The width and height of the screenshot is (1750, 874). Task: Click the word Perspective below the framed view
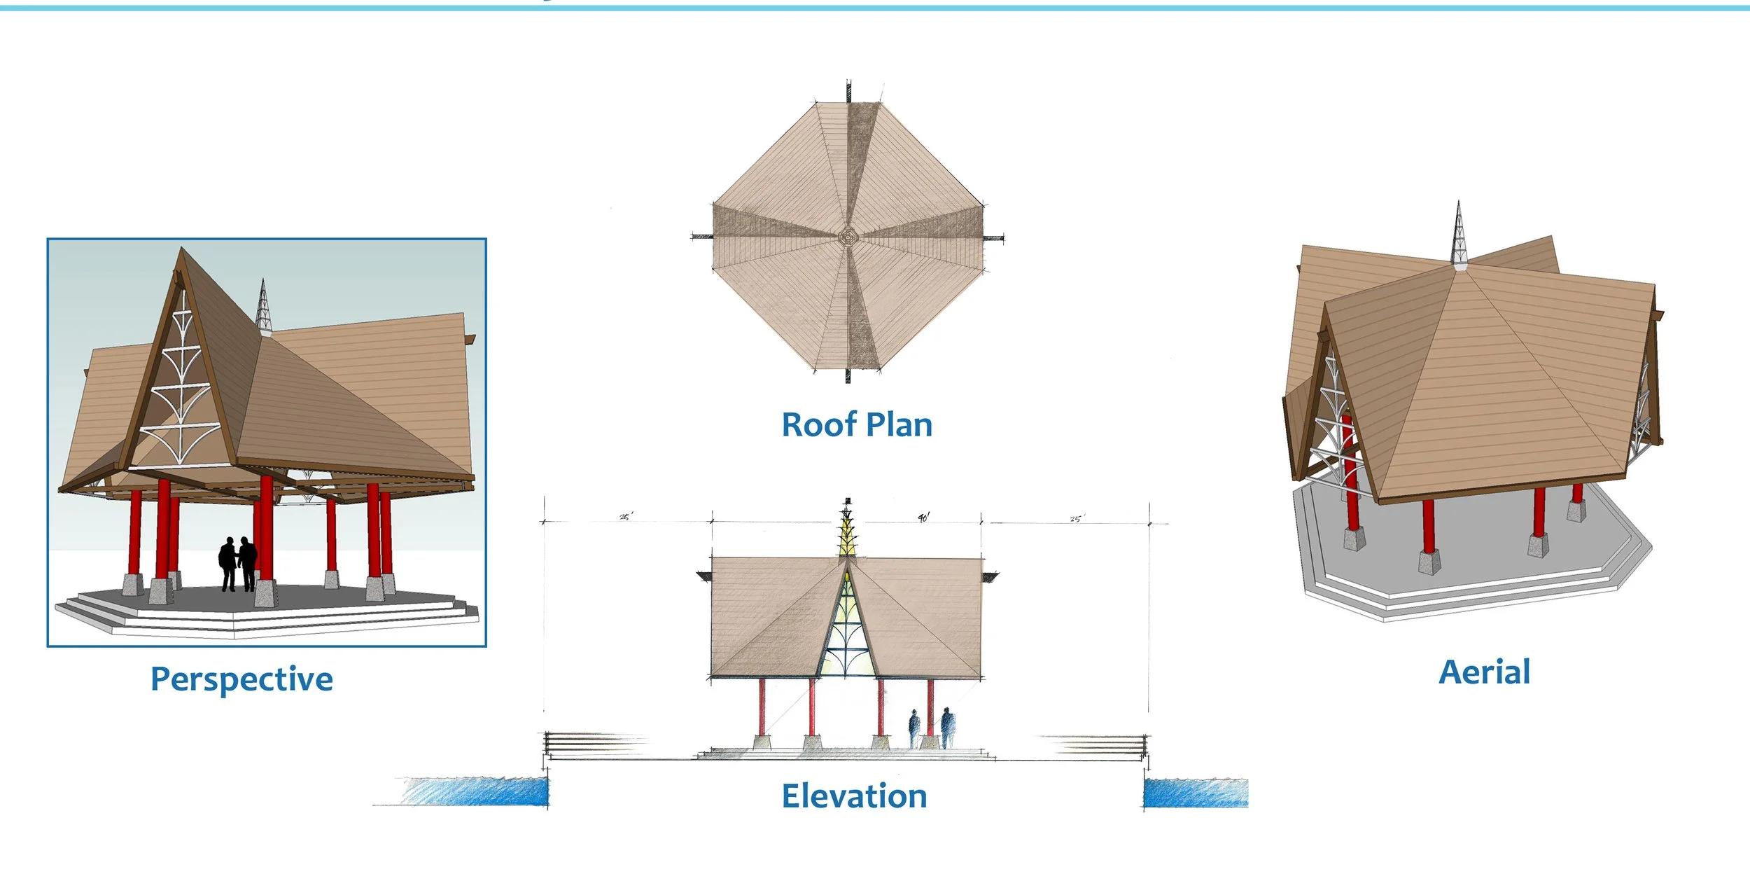tap(241, 679)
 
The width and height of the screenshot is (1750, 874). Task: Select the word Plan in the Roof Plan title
tap(899, 425)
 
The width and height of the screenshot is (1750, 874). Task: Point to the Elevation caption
tap(854, 796)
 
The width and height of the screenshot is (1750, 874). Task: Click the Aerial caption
tap(1484, 672)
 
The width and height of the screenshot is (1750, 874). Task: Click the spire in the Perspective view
tap(263, 308)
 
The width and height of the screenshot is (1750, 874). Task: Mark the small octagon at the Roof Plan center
tap(848, 237)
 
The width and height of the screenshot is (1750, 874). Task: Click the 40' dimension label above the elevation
tap(923, 518)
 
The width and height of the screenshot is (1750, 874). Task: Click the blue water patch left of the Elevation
tap(476, 791)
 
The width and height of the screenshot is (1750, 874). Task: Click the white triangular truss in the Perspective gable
tap(181, 392)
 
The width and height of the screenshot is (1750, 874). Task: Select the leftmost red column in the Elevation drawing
tap(762, 707)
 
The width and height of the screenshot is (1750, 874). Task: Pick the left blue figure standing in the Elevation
tap(913, 729)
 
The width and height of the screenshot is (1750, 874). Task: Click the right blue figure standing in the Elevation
tap(946, 728)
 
